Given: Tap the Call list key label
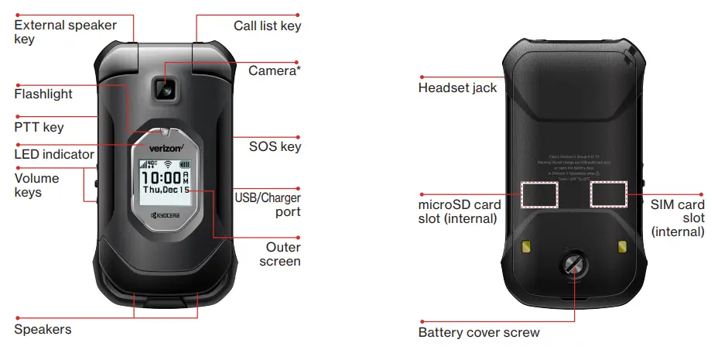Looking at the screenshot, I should click(x=267, y=26).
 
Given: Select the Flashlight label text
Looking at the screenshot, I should click(x=43, y=94).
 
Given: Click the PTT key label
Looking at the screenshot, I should click(x=39, y=127).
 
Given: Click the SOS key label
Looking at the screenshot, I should click(x=275, y=147).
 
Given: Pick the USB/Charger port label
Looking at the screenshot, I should click(x=268, y=204).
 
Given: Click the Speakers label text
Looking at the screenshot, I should click(x=43, y=329).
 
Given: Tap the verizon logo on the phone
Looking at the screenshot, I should click(x=160, y=148).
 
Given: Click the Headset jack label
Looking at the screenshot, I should click(x=457, y=87).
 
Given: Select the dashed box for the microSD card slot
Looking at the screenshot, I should click(x=539, y=194).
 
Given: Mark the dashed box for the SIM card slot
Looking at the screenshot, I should click(x=608, y=194).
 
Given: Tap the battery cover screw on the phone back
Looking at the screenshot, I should click(x=574, y=267).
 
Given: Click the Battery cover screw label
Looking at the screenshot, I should click(x=478, y=333).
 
